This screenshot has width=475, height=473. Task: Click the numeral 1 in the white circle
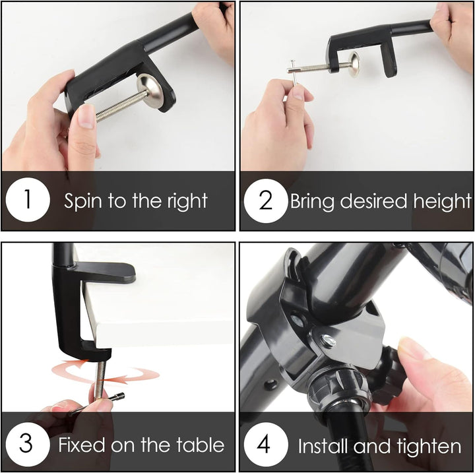[x=28, y=199]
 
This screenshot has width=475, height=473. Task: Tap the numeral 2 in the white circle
[x=266, y=200]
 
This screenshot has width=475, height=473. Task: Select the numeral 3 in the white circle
[x=26, y=443]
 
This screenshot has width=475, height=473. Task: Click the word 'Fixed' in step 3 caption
[x=82, y=445]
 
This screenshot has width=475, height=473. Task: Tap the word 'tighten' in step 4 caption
[x=430, y=446]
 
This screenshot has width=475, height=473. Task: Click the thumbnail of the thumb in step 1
[x=86, y=116]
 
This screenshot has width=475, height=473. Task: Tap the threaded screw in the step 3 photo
[x=100, y=379]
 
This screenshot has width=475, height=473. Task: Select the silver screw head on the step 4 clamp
[x=328, y=340]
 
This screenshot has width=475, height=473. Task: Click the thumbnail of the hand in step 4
[x=412, y=348]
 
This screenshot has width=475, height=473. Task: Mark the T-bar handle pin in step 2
[x=294, y=71]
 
